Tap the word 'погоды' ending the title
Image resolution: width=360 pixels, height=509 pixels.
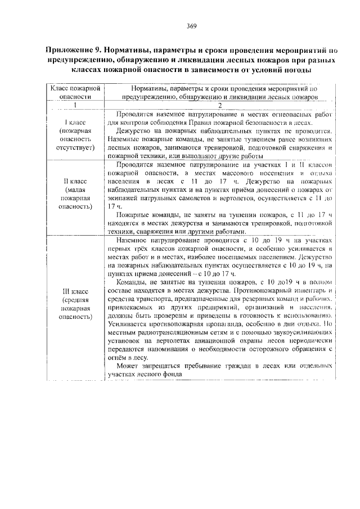point(295,69)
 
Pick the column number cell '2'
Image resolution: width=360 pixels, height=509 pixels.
point(220,105)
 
